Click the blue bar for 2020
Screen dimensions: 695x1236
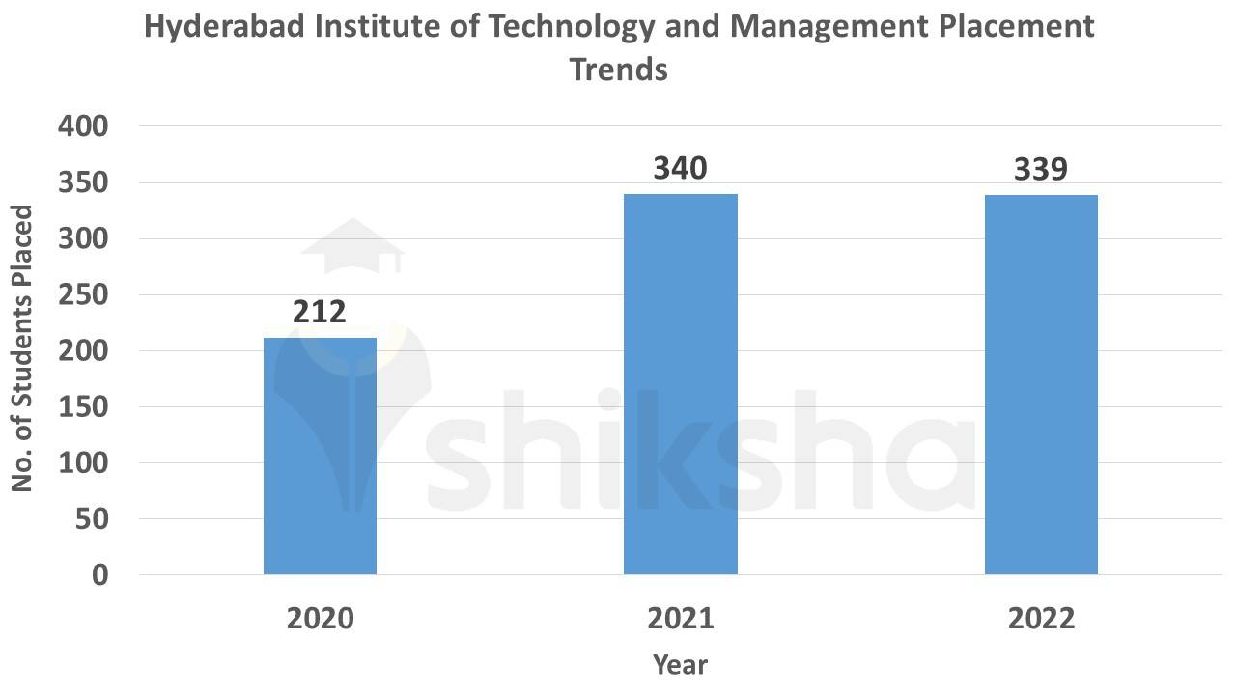(x=320, y=456)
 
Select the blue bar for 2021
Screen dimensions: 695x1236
(x=681, y=384)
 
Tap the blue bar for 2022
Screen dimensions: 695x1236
(x=1041, y=385)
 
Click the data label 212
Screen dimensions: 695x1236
(x=319, y=312)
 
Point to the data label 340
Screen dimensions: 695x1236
(x=681, y=169)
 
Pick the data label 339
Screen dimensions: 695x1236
(x=1041, y=170)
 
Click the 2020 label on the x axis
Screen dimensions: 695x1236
(x=320, y=619)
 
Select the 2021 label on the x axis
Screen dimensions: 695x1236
(x=681, y=619)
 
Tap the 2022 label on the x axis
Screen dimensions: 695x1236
(x=1041, y=619)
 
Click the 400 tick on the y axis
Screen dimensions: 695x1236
(x=84, y=126)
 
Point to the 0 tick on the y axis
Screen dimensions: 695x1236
(x=99, y=575)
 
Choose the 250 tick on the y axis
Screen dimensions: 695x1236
(x=84, y=295)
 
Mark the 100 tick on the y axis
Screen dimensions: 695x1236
(x=84, y=463)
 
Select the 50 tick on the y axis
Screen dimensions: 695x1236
(x=92, y=519)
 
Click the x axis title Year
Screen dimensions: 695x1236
(x=680, y=665)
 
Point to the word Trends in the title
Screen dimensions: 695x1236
(x=619, y=69)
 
